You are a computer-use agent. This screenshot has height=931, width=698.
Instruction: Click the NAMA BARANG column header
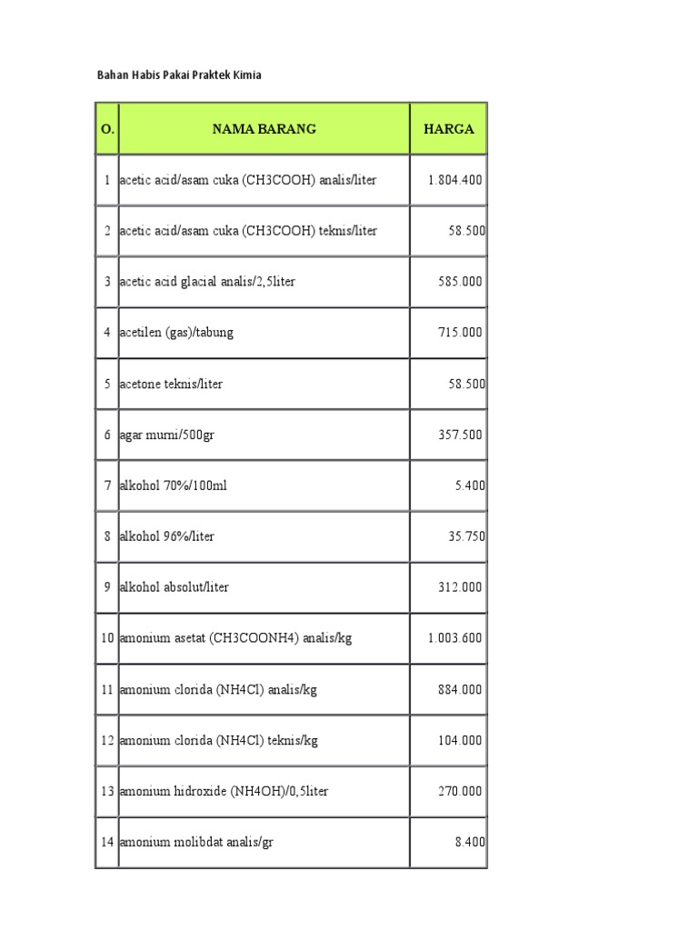pos(264,129)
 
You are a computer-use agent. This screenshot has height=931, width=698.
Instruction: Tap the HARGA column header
pos(448,129)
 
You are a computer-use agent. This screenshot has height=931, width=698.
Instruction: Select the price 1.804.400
pos(454,180)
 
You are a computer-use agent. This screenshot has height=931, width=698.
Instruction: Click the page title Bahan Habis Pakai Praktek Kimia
pos(179,75)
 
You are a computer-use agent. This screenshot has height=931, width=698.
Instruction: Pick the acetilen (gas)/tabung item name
pos(176,333)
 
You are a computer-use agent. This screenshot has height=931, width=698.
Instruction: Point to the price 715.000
pos(460,333)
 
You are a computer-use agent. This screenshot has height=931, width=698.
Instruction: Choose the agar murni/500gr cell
pos(167,435)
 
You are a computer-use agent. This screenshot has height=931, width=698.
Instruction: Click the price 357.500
pos(460,435)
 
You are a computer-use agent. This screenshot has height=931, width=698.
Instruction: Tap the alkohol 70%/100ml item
pos(173,486)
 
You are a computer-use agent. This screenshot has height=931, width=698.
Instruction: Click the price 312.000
pos(460,587)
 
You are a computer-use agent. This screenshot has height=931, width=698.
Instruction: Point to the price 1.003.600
pos(454,638)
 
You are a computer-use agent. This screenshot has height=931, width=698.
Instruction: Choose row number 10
pos(107,638)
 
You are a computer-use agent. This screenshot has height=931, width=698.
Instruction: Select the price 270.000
pos(460,791)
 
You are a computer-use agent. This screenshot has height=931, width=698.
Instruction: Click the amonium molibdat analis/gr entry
pos(196,842)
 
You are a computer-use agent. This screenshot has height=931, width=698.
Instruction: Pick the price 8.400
pos(468,842)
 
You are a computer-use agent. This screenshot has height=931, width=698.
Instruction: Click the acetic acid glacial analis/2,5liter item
pos(207,282)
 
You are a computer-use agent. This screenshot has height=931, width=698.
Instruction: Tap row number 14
pos(107,842)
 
